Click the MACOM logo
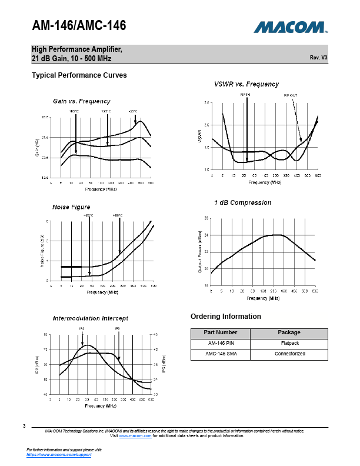pyautogui.click(x=291, y=27)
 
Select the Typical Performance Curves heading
pyautogui.click(x=79, y=75)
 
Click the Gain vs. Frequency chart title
pyautogui.click(x=82, y=101)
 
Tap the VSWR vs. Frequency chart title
pyautogui.click(x=246, y=84)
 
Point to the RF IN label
pyautogui.click(x=245, y=94)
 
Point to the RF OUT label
pyautogui.click(x=291, y=95)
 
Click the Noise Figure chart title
pyautogui.click(x=72, y=207)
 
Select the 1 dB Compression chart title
pyautogui.click(x=243, y=202)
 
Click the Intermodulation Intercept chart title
pyautogui.click(x=91, y=318)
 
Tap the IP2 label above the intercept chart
pyautogui.click(x=82, y=328)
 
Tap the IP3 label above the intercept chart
pyautogui.click(x=117, y=328)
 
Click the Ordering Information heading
pyautogui.click(x=226, y=317)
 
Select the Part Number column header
pyautogui.click(x=220, y=332)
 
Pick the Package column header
pyautogui.click(x=289, y=332)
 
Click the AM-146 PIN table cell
pyautogui.click(x=220, y=343)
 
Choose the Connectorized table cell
pyautogui.click(x=289, y=354)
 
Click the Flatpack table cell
pyautogui.click(x=289, y=343)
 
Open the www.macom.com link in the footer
pyautogui.click(x=136, y=436)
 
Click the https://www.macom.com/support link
pyautogui.click(x=59, y=455)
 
